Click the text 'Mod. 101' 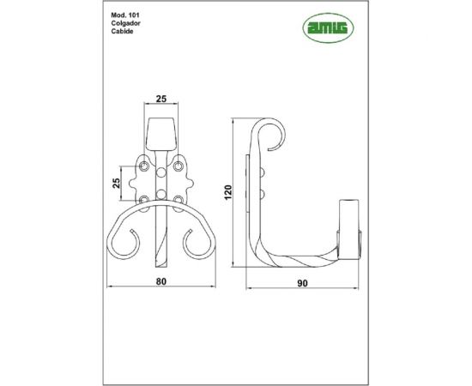(125, 16)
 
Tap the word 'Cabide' (123, 33)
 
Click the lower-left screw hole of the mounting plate (145, 201)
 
